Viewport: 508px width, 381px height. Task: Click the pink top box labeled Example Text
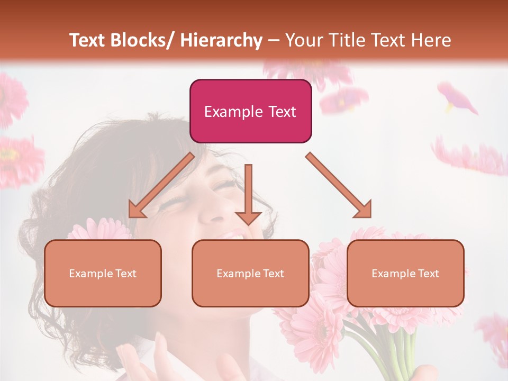250,111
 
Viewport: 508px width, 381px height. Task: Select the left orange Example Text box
103,273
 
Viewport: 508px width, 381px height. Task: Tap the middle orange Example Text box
250,273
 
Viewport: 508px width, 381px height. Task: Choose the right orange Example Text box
405,273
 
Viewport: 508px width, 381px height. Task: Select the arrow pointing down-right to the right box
339,186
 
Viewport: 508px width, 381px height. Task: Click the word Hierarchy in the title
221,40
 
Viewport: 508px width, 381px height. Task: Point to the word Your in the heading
303,40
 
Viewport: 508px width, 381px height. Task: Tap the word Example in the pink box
233,112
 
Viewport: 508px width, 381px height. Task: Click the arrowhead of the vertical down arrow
248,217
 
